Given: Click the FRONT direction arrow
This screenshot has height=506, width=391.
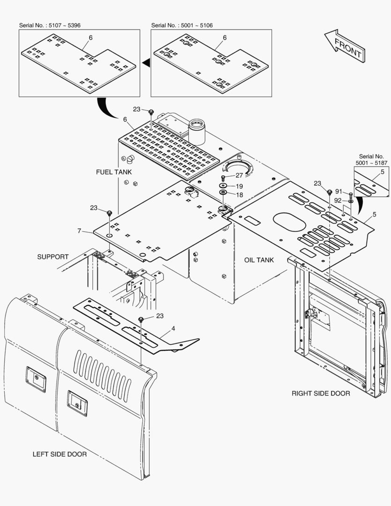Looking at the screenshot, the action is (x=345, y=46).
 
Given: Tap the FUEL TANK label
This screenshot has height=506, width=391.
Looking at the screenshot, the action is (x=114, y=172).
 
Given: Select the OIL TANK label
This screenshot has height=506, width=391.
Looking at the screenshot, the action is (x=259, y=260).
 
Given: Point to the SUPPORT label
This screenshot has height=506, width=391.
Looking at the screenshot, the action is (x=53, y=257).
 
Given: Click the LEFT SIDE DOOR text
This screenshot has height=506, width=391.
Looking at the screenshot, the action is (x=59, y=454).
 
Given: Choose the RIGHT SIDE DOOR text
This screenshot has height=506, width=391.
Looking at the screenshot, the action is (x=321, y=394).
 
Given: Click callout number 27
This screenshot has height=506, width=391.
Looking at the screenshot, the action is (x=239, y=175).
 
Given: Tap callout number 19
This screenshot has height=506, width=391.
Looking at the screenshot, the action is (x=239, y=186).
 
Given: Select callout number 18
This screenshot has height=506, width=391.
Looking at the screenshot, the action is (x=239, y=194).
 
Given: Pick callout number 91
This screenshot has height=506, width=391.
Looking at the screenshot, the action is (x=339, y=191).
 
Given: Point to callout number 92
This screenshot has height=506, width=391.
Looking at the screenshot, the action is (x=338, y=201).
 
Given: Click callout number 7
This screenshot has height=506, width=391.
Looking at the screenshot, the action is (x=79, y=231).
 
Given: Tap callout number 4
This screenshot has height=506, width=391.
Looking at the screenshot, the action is (x=173, y=328).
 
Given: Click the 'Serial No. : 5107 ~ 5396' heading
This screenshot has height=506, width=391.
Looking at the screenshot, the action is (x=50, y=25).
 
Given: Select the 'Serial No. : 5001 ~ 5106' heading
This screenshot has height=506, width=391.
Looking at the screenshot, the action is (x=182, y=25).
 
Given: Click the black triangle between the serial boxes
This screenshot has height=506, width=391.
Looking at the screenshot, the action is (x=146, y=63).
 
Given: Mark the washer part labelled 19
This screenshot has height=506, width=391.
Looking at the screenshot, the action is (x=222, y=186).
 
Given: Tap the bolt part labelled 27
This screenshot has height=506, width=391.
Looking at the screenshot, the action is (x=222, y=178).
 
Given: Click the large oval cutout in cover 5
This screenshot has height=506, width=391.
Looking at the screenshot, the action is (x=289, y=222).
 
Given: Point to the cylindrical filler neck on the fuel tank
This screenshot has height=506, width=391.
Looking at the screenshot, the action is (x=197, y=132).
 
